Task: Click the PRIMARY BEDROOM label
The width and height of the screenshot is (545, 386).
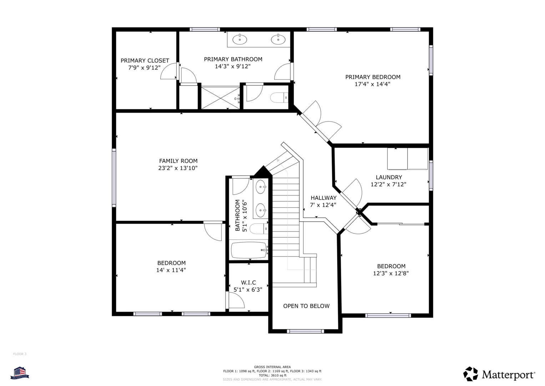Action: tap(373, 77)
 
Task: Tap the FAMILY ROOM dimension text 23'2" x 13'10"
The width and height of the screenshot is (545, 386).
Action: tap(178, 168)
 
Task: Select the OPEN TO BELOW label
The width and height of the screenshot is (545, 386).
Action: tap(306, 306)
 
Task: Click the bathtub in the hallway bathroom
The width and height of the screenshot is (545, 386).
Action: tap(249, 250)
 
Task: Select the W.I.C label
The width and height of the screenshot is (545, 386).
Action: tap(248, 282)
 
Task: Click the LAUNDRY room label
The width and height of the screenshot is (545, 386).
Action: tap(389, 177)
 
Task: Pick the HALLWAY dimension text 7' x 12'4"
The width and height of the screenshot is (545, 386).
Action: tap(323, 205)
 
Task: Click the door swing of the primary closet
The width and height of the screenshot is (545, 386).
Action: tap(168, 71)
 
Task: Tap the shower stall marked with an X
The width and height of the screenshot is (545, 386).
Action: tap(220, 97)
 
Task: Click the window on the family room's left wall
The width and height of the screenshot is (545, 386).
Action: tap(114, 178)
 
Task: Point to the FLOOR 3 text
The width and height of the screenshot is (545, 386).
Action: tap(20, 354)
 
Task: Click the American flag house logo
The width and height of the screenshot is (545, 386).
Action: tap(20, 372)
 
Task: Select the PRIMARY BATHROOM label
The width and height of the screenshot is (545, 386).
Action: tap(233, 59)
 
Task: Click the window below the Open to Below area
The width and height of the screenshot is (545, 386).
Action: tap(305, 331)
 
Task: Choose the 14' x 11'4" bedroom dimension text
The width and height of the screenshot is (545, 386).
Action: tap(171, 270)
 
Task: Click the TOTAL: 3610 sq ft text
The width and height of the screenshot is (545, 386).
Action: tap(272, 375)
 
